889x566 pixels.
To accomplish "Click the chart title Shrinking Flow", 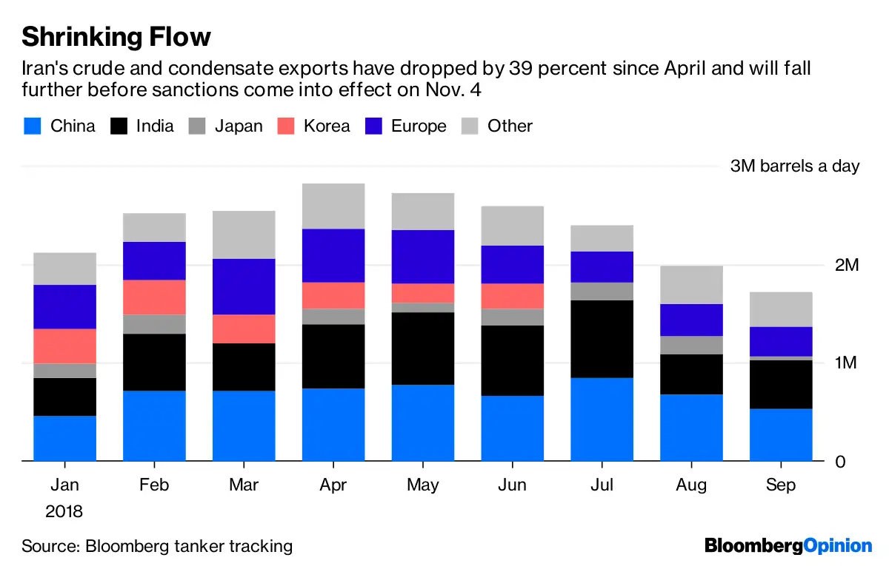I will pyautogui.click(x=116, y=36).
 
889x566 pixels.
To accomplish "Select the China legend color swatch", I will pyautogui.click(x=32, y=126).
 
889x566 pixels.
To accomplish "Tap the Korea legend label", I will pyautogui.click(x=327, y=126).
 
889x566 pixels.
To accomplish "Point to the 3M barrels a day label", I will pyautogui.click(x=794, y=166).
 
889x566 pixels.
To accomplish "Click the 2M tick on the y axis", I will pyautogui.click(x=846, y=265).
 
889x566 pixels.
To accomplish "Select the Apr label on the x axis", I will pyautogui.click(x=333, y=485).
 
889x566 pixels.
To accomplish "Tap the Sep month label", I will pyautogui.click(x=781, y=485).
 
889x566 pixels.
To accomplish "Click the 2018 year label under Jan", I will pyautogui.click(x=64, y=511).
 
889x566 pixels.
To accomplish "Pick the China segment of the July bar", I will pyautogui.click(x=602, y=420).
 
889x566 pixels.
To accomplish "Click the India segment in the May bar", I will pyautogui.click(x=422, y=348).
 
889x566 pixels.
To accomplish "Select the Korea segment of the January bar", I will pyautogui.click(x=65, y=346).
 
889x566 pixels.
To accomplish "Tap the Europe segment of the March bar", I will pyautogui.click(x=244, y=286).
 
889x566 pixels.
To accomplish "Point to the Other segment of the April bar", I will pyautogui.click(x=333, y=206).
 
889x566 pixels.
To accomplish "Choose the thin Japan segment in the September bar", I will pyautogui.click(x=781, y=358).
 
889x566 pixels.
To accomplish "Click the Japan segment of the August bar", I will pyautogui.click(x=691, y=346).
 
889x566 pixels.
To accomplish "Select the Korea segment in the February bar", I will pyautogui.click(x=154, y=297).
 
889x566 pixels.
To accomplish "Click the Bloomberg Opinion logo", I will pyautogui.click(x=788, y=547).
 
